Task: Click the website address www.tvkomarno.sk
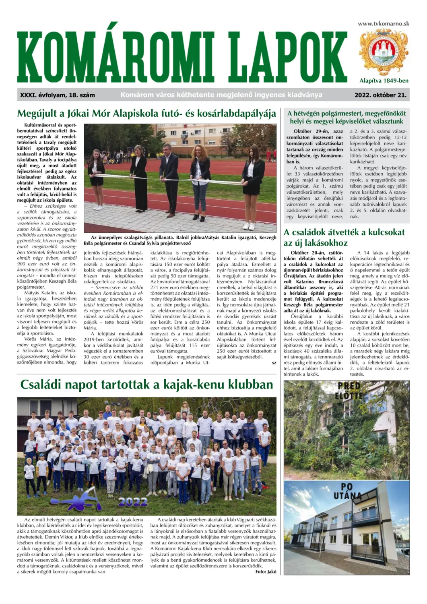coord(383,23)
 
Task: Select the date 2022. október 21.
coord(380,95)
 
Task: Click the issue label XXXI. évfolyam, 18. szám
coord(58,95)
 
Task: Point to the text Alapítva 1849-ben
coord(384,81)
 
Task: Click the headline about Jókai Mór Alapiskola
coord(146,114)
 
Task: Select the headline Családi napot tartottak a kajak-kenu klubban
coord(146,385)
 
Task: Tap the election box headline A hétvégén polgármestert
coord(347,117)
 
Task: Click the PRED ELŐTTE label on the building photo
coord(350,391)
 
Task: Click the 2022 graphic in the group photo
coord(133,502)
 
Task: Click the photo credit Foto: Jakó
coord(266,571)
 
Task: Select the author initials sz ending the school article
coord(274,362)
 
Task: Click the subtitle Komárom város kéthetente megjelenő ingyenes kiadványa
coord(221,95)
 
